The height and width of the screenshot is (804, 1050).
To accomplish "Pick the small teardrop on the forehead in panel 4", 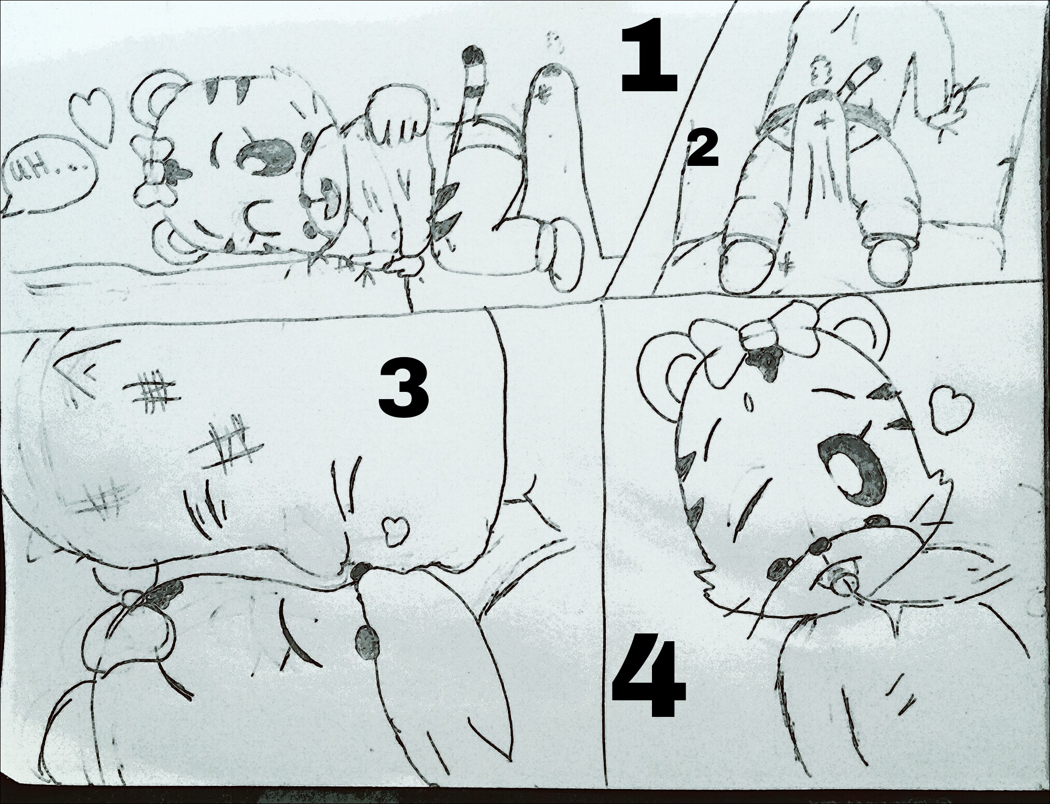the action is (x=747, y=403).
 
